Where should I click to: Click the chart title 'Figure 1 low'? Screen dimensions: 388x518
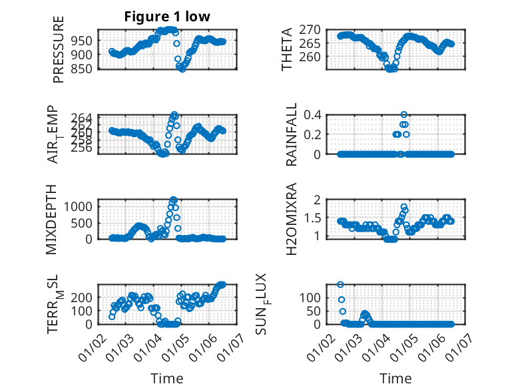167,17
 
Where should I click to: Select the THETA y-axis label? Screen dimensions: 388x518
287,49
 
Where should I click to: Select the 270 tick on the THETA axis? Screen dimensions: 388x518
312,29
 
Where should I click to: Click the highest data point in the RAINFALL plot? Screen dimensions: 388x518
404,114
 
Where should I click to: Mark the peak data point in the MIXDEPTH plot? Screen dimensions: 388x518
174,200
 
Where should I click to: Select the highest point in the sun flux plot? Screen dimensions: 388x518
341,285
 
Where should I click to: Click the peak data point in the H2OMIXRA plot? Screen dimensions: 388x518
404,207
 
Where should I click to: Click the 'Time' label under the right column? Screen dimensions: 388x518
395,378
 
